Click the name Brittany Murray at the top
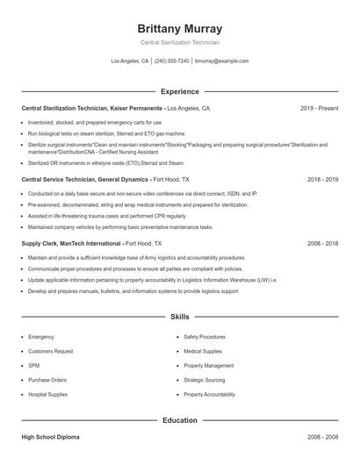pos(179,28)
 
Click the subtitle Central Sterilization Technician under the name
pos(179,42)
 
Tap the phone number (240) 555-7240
pos(172,61)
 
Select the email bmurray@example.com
pos(221,61)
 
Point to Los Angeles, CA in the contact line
pos(130,61)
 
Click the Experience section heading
pos(179,91)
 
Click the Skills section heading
pos(179,316)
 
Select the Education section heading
pos(179,420)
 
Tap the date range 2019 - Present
pos(319,109)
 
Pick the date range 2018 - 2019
pos(322,179)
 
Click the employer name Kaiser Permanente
pos(135,109)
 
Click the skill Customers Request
pos(50,351)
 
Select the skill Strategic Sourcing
pos(205,380)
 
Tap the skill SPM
pos(33,365)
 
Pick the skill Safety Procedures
pos(205,337)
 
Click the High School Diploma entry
pos(52,436)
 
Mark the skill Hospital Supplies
pos(47,395)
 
